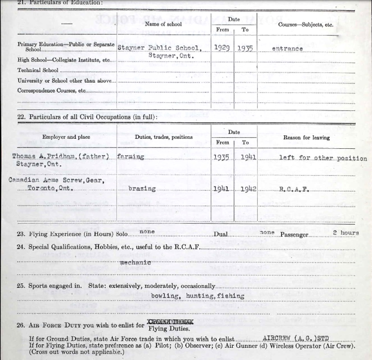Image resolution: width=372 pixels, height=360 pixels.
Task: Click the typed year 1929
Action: (x=223, y=48)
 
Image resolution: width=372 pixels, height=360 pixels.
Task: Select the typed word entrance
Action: (x=287, y=49)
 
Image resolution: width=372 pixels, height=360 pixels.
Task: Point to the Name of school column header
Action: (x=163, y=24)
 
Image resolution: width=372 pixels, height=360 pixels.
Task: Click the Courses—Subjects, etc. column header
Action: (x=306, y=25)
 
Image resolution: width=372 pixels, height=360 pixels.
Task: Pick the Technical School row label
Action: (x=35, y=70)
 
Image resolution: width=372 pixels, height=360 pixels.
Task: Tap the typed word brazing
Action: (x=142, y=189)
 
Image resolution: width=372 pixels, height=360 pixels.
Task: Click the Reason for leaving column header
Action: (x=306, y=137)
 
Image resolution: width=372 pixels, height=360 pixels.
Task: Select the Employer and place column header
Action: (x=66, y=137)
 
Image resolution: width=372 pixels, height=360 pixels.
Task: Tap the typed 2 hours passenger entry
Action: (x=346, y=233)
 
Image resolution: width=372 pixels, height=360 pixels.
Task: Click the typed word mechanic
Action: (x=136, y=262)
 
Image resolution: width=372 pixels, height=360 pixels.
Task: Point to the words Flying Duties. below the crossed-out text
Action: (x=159, y=329)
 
